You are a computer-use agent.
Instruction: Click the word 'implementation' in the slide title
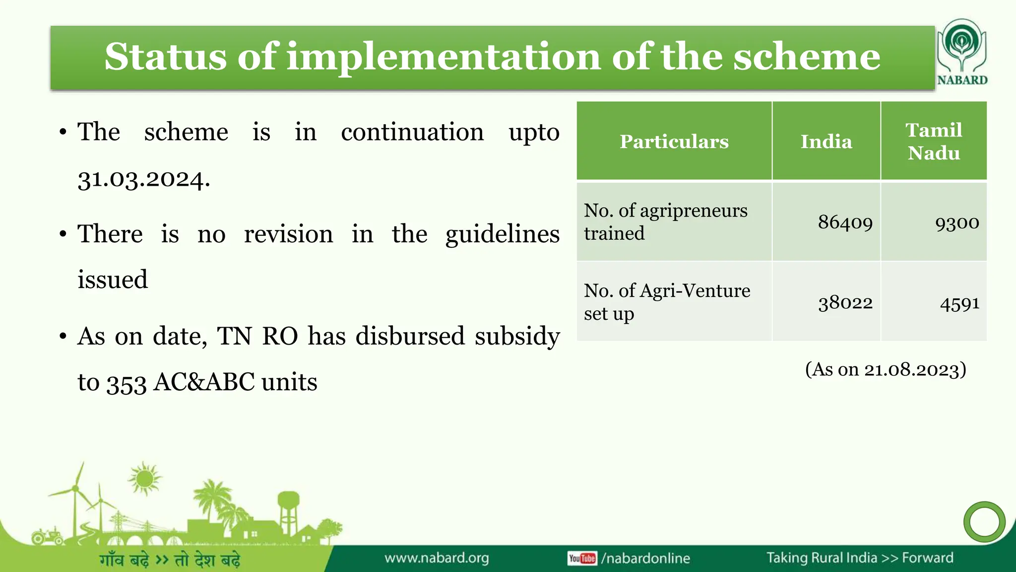(x=444, y=57)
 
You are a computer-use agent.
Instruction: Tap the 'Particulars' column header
(x=674, y=142)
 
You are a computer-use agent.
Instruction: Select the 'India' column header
(x=826, y=142)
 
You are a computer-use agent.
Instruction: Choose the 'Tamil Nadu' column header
(x=934, y=142)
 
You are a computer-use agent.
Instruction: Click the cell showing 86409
(x=845, y=222)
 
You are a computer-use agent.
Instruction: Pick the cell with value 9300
(x=956, y=222)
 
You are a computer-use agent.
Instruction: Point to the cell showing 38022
(x=845, y=302)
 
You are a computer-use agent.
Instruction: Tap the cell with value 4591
(x=959, y=303)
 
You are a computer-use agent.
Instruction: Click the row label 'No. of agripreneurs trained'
(x=665, y=221)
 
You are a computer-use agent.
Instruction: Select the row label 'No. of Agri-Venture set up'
(x=666, y=301)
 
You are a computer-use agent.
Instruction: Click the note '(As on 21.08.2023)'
(x=886, y=369)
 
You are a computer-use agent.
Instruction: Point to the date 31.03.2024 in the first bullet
(x=143, y=179)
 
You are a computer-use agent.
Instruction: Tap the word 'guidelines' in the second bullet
(x=502, y=234)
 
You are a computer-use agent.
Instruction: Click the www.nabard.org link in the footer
(x=437, y=558)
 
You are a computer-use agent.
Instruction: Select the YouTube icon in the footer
(x=582, y=559)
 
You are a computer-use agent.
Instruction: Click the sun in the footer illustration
(x=144, y=479)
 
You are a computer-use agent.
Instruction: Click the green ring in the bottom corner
(x=984, y=522)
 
